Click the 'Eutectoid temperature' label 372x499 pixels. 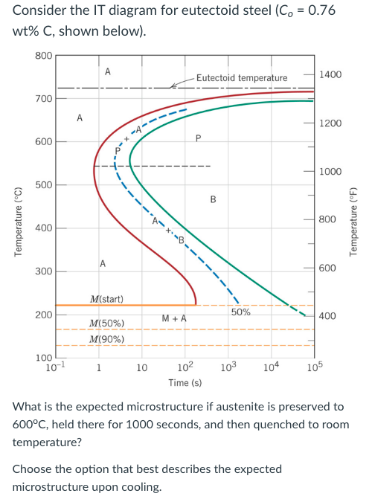click(x=241, y=78)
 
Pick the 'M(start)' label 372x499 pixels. click(x=106, y=299)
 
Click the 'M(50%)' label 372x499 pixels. click(x=106, y=323)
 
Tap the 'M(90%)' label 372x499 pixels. click(x=106, y=340)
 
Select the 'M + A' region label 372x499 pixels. click(x=173, y=318)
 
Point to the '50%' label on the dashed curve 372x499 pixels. click(x=240, y=313)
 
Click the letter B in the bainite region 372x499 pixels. click(x=214, y=199)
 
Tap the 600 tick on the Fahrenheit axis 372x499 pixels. click(x=330, y=268)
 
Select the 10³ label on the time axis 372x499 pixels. click(x=227, y=367)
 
